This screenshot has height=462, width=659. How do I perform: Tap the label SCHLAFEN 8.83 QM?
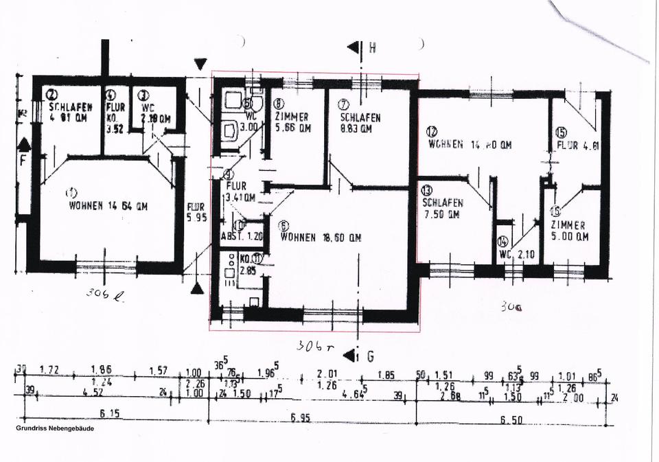(x=360, y=123)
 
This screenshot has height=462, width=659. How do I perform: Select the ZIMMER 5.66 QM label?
(x=292, y=122)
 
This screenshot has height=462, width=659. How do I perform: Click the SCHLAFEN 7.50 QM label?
(x=443, y=209)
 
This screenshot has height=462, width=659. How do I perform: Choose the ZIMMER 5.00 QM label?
(x=568, y=231)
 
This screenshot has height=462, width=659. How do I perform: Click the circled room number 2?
(x=51, y=95)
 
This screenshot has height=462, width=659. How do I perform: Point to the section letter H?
(x=372, y=48)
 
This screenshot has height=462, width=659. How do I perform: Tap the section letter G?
(x=371, y=356)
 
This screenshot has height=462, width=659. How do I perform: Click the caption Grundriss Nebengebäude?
(x=55, y=428)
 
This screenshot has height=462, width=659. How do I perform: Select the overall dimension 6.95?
(x=300, y=417)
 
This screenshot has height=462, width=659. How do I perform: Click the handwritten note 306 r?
(x=314, y=346)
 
